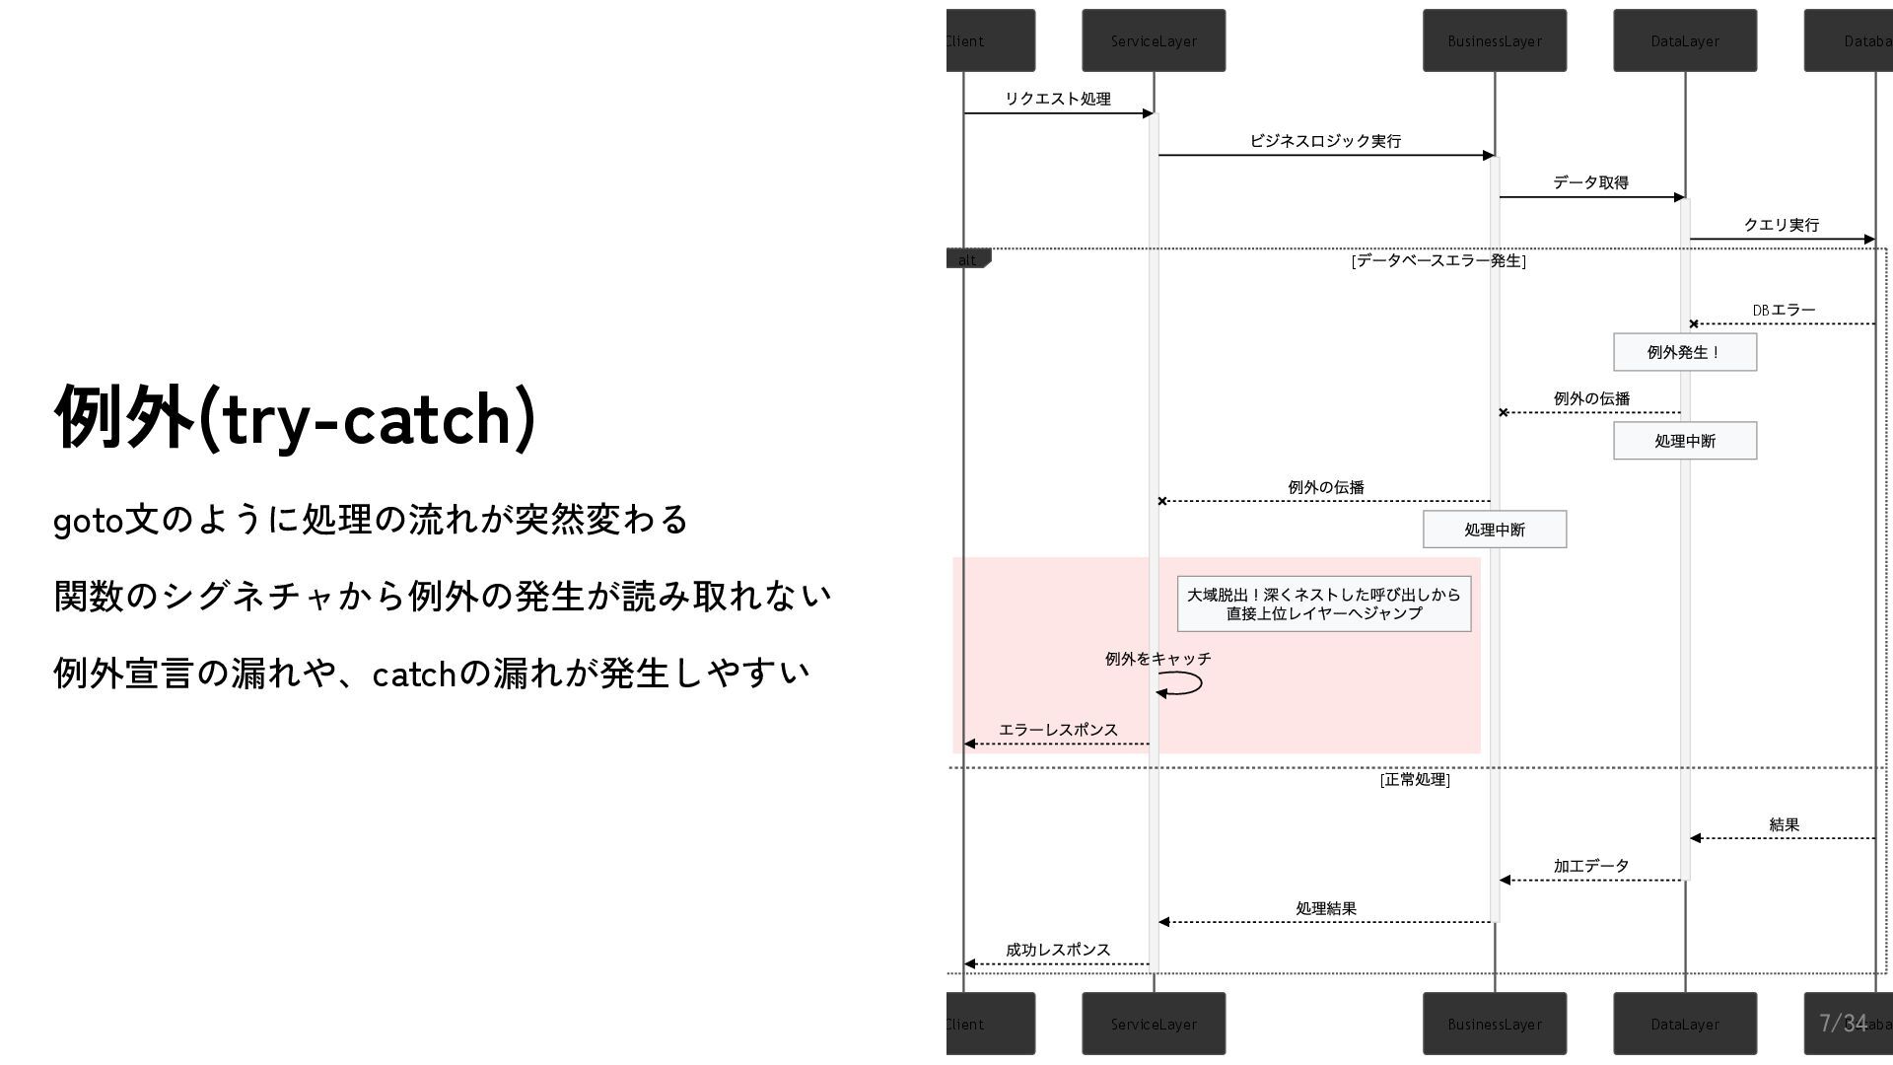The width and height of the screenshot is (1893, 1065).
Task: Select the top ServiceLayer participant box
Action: tap(1154, 40)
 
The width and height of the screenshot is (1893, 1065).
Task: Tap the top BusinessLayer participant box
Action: tap(1494, 40)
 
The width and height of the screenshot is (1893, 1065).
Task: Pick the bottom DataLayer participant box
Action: tap(1685, 1024)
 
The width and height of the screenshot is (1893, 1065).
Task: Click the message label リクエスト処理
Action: tap(1057, 99)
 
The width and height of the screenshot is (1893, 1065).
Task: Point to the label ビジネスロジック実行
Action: tap(1325, 141)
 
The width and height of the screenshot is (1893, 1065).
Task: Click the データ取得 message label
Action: tap(1590, 182)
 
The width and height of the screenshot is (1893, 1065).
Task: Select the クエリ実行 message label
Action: tap(1781, 225)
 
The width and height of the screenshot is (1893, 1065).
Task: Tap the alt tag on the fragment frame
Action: tap(967, 260)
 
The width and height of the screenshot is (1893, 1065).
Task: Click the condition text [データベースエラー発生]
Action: tap(1438, 261)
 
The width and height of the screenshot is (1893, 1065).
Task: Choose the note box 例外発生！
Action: tap(1684, 352)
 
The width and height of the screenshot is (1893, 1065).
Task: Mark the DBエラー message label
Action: tap(1784, 311)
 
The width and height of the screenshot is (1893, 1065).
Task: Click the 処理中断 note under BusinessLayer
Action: tap(1494, 530)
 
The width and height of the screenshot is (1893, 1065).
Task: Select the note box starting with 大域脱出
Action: tap(1323, 603)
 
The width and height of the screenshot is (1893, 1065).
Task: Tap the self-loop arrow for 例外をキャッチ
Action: tap(1183, 683)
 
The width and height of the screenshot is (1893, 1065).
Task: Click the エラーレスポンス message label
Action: tap(1058, 730)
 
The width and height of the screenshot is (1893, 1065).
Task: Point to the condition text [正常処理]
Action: tap(1415, 780)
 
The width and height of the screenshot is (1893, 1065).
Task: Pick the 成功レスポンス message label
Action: tap(1058, 950)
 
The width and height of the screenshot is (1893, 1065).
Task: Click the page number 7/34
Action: tap(1843, 1023)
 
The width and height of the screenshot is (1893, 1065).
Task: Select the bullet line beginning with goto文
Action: tap(371, 520)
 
